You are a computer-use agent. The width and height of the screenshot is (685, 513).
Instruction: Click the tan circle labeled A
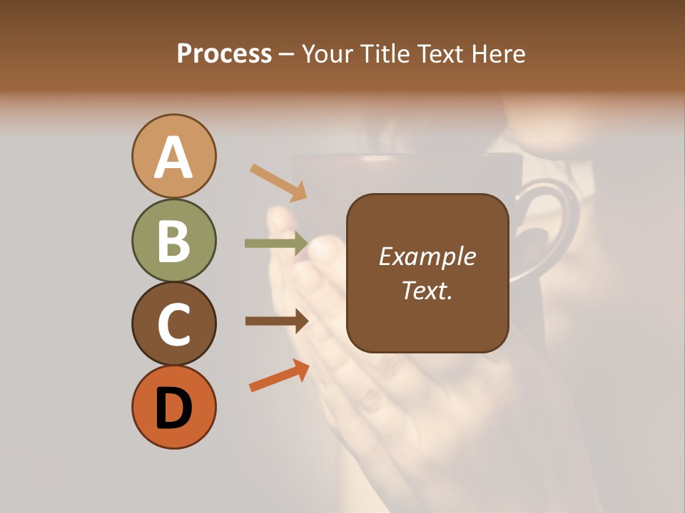(173, 156)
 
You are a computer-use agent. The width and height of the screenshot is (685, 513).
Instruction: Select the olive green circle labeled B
(173, 240)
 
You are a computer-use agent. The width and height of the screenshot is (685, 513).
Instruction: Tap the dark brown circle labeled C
(173, 323)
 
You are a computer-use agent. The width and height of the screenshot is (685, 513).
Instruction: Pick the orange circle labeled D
(173, 408)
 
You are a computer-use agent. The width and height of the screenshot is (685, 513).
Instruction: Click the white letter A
(173, 157)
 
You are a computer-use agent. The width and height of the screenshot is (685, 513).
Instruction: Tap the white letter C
(173, 325)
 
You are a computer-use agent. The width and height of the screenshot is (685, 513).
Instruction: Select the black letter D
(173, 409)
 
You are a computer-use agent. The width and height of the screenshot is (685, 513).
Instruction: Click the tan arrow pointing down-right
(278, 182)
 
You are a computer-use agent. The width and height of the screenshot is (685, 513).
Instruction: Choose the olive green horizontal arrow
(276, 244)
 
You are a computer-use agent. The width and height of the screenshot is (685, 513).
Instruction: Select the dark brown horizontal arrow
(276, 321)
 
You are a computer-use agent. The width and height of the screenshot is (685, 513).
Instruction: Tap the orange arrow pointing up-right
(279, 375)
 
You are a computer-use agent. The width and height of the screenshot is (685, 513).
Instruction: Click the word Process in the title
(224, 53)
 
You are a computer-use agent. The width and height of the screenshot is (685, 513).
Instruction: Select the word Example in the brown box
(427, 256)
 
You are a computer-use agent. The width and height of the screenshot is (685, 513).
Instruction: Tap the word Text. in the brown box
(427, 290)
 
